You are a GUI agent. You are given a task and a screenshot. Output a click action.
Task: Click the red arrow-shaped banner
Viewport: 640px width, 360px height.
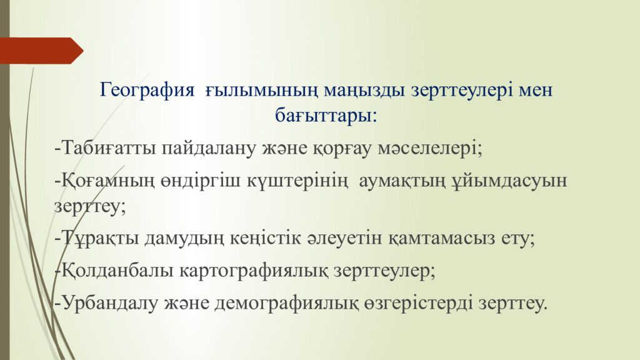41,51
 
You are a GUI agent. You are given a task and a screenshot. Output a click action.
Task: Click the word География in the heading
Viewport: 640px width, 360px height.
147,90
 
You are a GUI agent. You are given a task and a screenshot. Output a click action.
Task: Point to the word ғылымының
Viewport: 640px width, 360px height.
262,91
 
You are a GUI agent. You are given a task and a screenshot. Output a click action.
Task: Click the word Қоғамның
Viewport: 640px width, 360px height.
109,181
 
